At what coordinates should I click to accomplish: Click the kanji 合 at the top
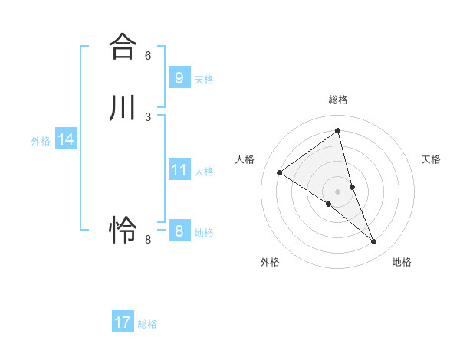tap(122, 45)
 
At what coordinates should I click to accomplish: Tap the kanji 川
tap(122, 107)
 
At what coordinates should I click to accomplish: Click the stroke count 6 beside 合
tap(148, 55)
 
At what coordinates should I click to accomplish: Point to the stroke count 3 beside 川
tap(148, 116)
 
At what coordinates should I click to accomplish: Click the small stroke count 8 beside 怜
tap(148, 240)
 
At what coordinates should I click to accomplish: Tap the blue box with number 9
tap(179, 78)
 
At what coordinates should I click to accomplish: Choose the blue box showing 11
tap(179, 170)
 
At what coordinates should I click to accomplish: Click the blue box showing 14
tap(66, 139)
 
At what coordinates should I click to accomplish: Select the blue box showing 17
tap(123, 322)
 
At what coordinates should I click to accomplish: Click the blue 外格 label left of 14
tap(41, 141)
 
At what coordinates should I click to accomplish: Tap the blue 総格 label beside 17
tap(147, 324)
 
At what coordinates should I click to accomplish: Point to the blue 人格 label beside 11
tap(204, 172)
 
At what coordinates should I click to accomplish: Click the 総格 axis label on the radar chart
tap(338, 100)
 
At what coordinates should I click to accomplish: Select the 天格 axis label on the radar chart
tap(431, 159)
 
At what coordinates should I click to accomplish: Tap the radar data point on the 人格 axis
tap(279, 172)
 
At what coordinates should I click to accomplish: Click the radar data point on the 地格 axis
tap(374, 242)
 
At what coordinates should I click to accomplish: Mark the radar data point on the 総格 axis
tap(338, 130)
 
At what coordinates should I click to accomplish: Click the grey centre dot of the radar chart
tap(338, 191)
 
